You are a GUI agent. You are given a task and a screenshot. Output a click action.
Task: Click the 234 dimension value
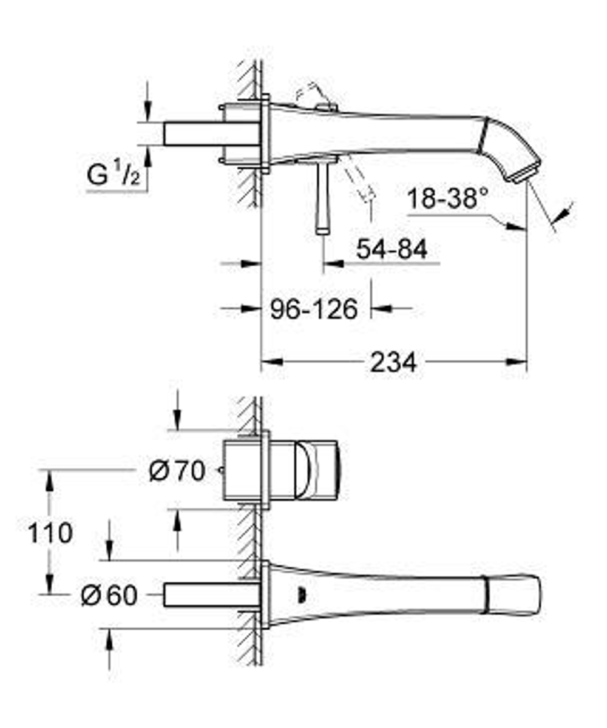tap(393, 362)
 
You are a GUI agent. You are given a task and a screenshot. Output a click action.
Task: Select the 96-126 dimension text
tap(314, 309)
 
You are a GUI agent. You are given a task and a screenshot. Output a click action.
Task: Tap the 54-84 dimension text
tap(391, 249)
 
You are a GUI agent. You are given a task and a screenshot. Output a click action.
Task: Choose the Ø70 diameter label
tap(177, 471)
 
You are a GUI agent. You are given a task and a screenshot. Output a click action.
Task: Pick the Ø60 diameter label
tap(109, 596)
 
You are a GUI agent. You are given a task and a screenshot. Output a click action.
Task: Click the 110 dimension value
tap(50, 534)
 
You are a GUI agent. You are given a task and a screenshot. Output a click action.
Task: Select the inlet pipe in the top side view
tap(209, 133)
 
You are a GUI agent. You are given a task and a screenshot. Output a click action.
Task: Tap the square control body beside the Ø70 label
tap(246, 470)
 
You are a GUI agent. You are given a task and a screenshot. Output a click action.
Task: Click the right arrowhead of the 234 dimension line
tap(517, 362)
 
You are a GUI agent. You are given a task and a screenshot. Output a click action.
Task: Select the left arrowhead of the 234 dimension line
tap(272, 362)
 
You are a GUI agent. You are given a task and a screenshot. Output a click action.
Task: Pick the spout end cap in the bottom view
tap(514, 595)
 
